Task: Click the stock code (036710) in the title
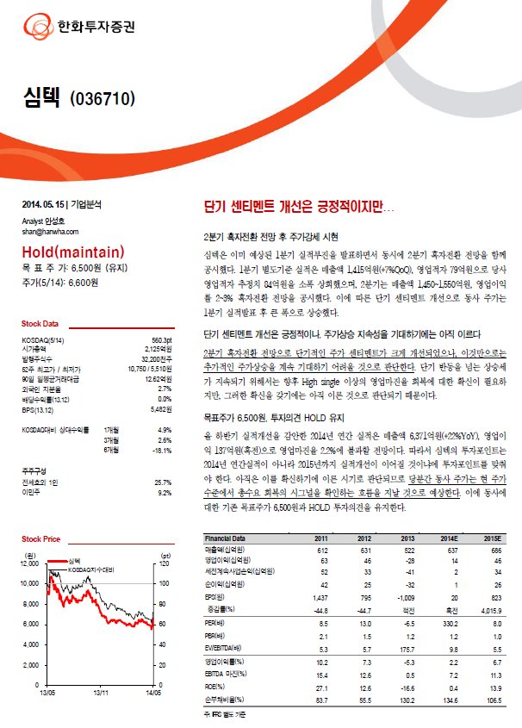(x=103, y=98)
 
